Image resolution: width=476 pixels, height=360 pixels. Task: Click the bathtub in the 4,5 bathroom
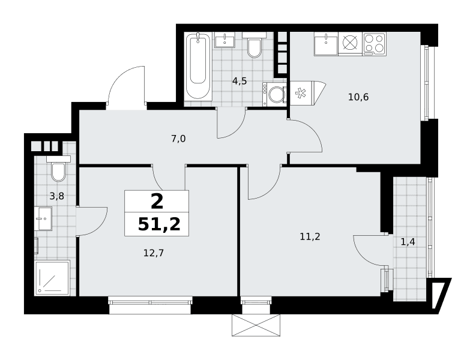(x=198, y=66)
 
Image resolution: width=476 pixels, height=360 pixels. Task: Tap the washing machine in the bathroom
(x=274, y=94)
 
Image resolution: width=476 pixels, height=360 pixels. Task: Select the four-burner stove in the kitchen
(x=374, y=44)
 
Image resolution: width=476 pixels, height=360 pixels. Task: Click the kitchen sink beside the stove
(x=326, y=44)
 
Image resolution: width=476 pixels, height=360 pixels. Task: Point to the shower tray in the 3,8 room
(x=52, y=277)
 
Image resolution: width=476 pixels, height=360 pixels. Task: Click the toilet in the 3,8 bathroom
(x=58, y=169)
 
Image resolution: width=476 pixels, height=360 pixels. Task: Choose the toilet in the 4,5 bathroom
(x=254, y=45)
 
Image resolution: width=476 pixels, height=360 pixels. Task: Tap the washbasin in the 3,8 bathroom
(x=43, y=219)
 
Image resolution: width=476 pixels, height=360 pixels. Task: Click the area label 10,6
(x=358, y=97)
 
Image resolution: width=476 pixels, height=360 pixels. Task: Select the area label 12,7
(x=154, y=253)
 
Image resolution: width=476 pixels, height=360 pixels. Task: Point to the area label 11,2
(x=310, y=236)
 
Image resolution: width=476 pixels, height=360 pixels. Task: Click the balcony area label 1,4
(x=408, y=242)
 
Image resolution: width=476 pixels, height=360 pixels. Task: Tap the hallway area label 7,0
(x=178, y=139)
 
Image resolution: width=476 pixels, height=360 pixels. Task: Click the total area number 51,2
(x=159, y=224)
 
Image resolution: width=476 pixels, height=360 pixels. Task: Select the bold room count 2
(x=157, y=202)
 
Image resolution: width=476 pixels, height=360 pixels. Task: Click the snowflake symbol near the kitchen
(x=300, y=93)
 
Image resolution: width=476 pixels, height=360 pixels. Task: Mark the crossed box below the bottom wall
(x=256, y=325)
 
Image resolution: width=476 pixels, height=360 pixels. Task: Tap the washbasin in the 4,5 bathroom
(x=224, y=40)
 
